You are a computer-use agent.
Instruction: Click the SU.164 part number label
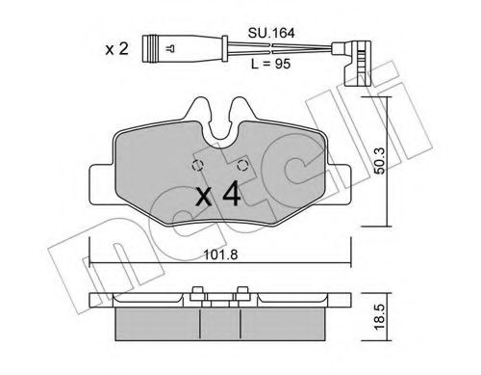tap(271, 33)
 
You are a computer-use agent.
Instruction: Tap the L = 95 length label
tap(270, 64)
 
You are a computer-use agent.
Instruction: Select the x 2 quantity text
tap(116, 49)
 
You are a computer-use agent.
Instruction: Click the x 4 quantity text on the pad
tap(218, 194)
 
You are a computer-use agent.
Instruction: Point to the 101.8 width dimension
tap(221, 254)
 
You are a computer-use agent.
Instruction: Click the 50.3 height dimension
tap(380, 161)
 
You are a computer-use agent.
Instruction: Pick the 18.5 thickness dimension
tap(380, 317)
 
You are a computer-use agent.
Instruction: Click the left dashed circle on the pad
tap(197, 166)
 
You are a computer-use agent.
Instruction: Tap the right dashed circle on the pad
tap(242, 166)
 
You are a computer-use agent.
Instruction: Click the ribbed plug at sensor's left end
tap(150, 48)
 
